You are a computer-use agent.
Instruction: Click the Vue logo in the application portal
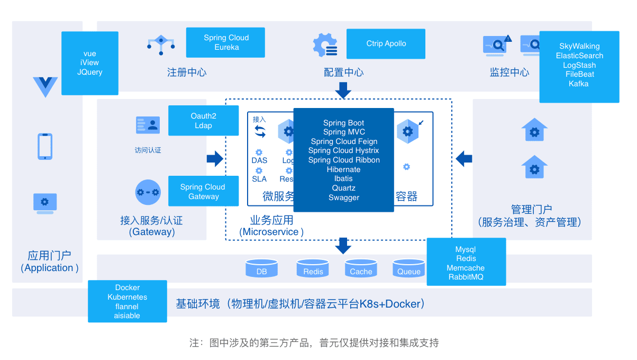click(x=45, y=86)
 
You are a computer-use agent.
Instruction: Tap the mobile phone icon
click(x=45, y=146)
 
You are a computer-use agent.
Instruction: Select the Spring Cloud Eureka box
click(x=225, y=42)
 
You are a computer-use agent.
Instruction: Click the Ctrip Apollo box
click(x=386, y=44)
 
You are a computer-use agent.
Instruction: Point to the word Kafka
click(x=579, y=84)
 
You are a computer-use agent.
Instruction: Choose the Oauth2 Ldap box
click(x=203, y=121)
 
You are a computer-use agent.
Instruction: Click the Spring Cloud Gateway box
click(x=203, y=191)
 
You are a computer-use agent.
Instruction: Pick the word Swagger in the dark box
click(x=344, y=197)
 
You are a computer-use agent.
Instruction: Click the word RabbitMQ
click(x=466, y=277)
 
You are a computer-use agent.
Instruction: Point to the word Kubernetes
click(x=128, y=297)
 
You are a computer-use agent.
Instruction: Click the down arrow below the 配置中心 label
click(x=343, y=90)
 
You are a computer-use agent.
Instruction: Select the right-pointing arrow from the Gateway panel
click(x=215, y=158)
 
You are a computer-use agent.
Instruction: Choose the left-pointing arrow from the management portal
click(x=464, y=158)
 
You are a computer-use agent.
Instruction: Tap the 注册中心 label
click(x=187, y=73)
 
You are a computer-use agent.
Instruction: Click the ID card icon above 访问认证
click(x=148, y=125)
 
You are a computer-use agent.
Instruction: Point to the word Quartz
click(x=344, y=188)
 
